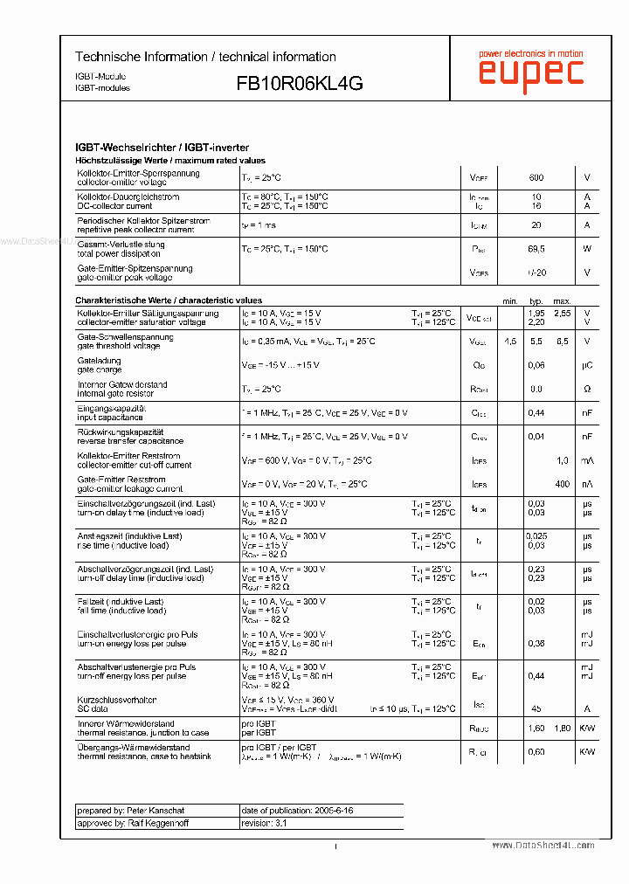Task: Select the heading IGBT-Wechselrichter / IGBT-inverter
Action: [x=162, y=148]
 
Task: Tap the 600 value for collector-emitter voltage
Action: [x=536, y=178]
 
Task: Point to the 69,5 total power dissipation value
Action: [x=536, y=249]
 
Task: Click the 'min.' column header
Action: [x=510, y=300]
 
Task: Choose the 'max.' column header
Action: [x=562, y=300]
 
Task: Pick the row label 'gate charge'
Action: [x=99, y=369]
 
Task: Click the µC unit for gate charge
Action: [x=587, y=365]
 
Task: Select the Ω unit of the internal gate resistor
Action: [x=587, y=389]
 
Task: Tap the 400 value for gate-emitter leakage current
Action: [x=562, y=484]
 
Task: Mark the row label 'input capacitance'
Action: [x=110, y=418]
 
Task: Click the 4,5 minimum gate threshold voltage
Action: [x=510, y=342]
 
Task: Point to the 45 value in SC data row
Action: [x=536, y=708]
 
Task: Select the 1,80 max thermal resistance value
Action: [x=562, y=728]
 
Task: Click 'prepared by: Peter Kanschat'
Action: [x=119, y=811]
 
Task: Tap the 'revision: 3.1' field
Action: [x=264, y=823]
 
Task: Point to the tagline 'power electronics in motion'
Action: [x=531, y=54]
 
